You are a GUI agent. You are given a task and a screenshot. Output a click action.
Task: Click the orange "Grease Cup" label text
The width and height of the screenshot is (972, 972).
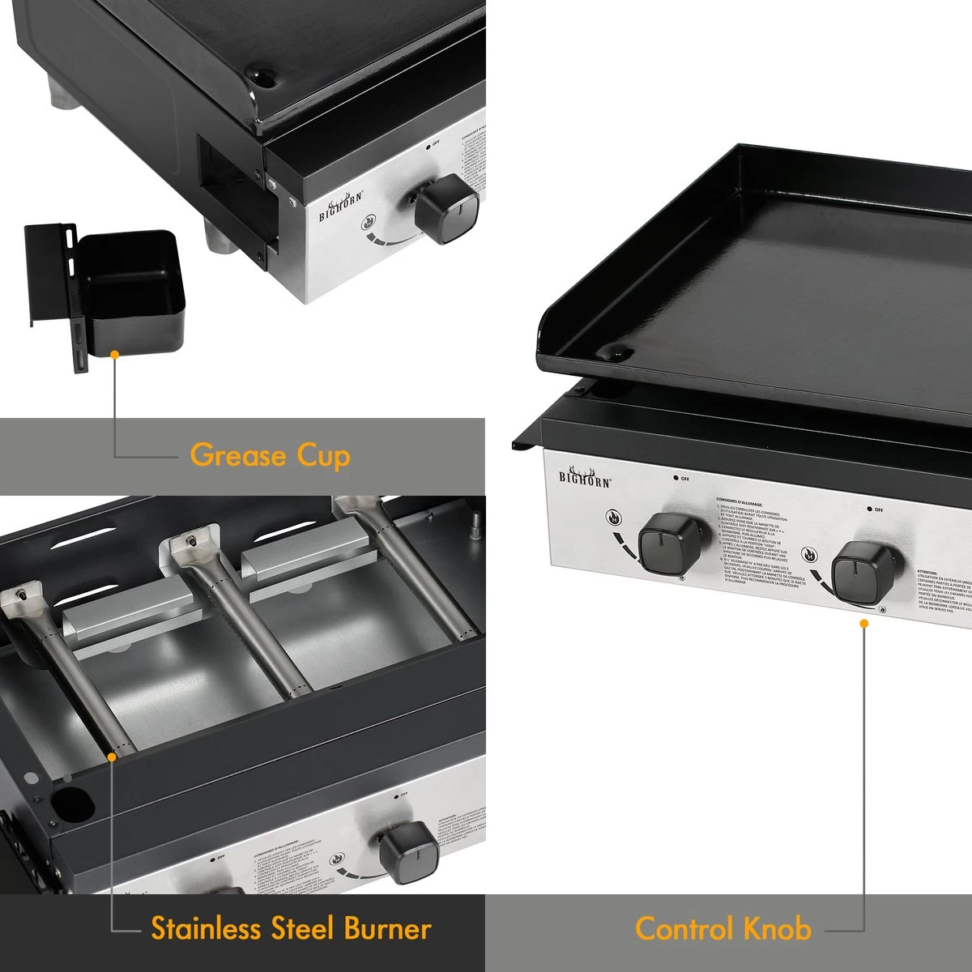coord(270,455)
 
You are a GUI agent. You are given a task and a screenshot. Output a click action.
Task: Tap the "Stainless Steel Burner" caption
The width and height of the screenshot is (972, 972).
coord(291,928)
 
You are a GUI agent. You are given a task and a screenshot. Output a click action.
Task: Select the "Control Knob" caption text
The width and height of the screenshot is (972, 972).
coord(723,928)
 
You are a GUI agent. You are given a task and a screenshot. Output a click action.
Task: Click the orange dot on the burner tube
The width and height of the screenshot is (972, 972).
coord(113,754)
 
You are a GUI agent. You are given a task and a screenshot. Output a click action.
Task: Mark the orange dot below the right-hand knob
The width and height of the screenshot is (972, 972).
coord(864,623)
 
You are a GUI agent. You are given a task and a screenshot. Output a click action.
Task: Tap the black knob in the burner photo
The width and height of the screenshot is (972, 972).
coord(408,854)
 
